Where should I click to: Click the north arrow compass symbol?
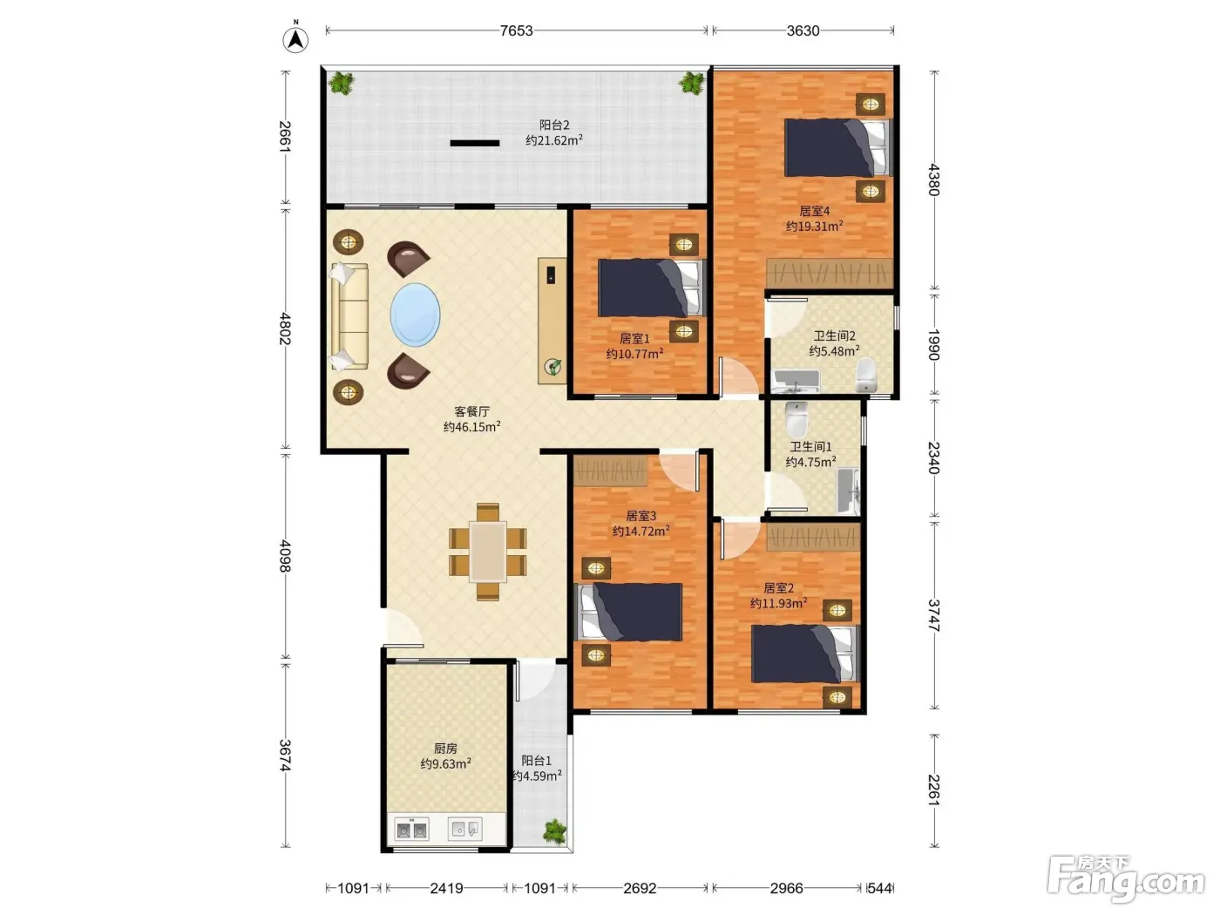pos(295,39)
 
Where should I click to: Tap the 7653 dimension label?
pos(517,30)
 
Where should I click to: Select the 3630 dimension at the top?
pos(803,30)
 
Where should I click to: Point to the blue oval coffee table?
pos(415,315)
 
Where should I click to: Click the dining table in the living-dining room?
pos(487,552)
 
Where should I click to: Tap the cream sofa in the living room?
pos(349,316)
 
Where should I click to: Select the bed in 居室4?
pos(837,148)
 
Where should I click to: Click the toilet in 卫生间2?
pos(866,375)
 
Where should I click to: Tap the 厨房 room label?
pos(446,749)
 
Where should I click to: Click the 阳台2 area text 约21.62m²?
pos(554,140)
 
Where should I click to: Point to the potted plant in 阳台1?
pos(555,831)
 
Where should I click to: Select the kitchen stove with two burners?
pos(411,830)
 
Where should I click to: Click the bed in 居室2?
pos(805,654)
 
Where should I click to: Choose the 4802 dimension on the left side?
pos(285,329)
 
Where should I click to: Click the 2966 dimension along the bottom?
pos(786,888)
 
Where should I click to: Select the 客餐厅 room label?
pos(472,411)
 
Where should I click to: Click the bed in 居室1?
pos(651,288)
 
